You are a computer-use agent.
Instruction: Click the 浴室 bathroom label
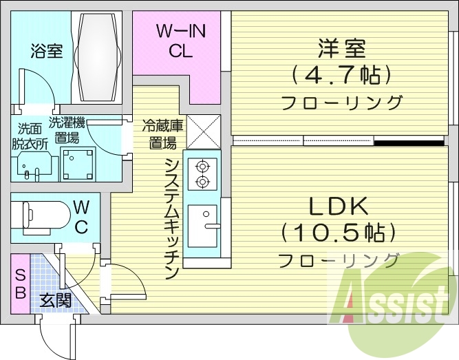point(46,51)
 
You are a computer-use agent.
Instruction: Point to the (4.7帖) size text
point(341,74)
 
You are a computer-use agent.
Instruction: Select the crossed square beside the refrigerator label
point(203,131)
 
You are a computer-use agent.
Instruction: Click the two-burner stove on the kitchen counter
point(203,173)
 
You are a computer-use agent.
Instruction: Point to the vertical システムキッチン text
point(172,217)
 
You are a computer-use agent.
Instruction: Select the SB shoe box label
point(20,283)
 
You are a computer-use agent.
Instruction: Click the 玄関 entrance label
point(56,301)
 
